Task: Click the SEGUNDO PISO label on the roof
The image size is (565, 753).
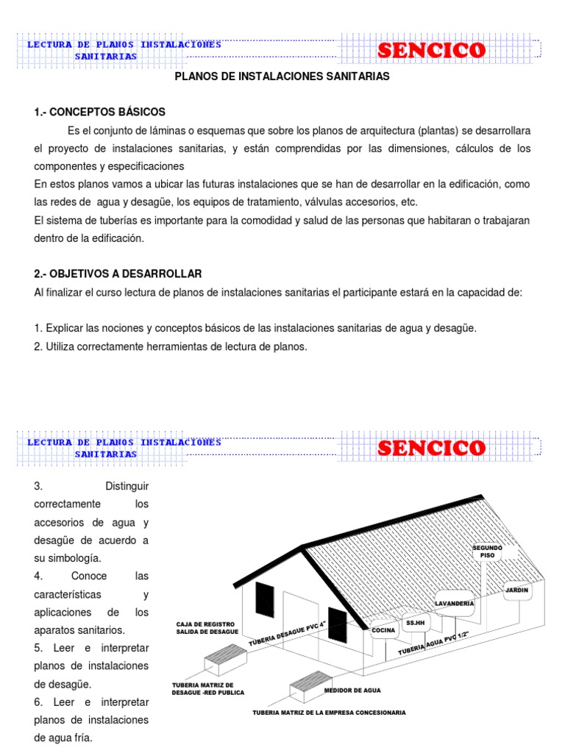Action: coord(488,552)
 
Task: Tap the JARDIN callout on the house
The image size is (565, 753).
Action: coord(517,589)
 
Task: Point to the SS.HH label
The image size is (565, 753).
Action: coord(415,623)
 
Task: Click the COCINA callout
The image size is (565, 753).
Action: coord(383,630)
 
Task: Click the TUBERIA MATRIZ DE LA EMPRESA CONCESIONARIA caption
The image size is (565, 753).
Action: coord(329,713)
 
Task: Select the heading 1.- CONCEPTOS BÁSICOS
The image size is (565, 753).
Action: coord(100,112)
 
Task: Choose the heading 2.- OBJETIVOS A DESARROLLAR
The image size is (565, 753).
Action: coord(118,274)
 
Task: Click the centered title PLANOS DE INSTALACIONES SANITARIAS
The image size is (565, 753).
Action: coord(282,76)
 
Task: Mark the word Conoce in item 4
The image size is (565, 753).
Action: coord(89,576)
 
